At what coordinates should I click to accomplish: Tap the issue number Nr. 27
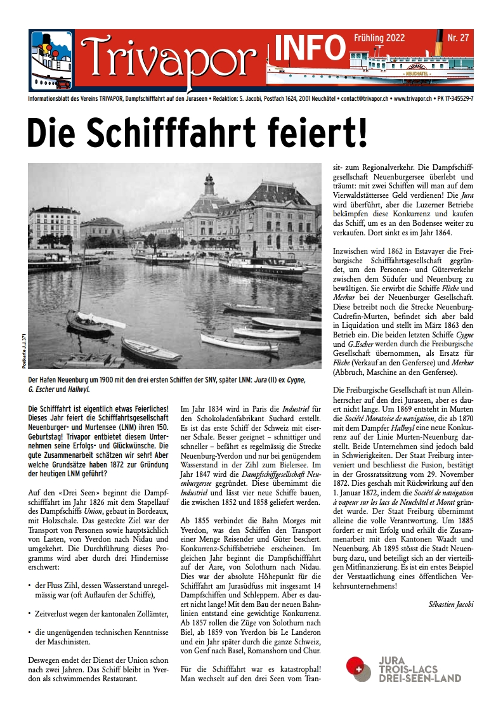tap(458, 39)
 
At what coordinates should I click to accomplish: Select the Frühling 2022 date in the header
tap(379, 39)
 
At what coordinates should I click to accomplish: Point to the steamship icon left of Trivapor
tap(52, 60)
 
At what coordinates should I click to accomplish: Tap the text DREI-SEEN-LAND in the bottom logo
tap(419, 678)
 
